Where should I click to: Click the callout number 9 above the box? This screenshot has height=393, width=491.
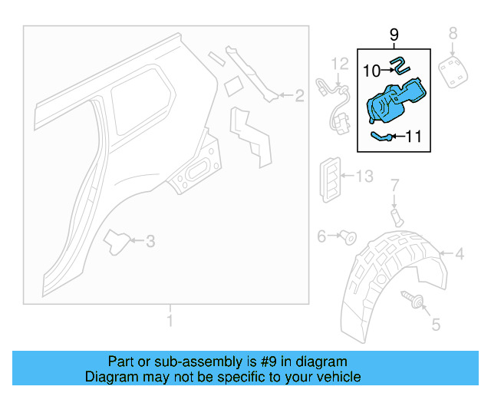(x=394, y=35)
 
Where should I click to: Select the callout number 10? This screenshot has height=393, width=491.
(x=371, y=70)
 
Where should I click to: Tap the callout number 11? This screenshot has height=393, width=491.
(x=414, y=137)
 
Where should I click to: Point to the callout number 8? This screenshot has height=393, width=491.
(x=453, y=33)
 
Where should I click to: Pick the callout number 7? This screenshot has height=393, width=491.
(x=395, y=185)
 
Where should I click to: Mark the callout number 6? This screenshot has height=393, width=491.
(x=322, y=236)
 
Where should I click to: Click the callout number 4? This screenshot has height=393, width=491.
(x=460, y=254)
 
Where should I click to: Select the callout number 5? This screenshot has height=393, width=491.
(x=436, y=325)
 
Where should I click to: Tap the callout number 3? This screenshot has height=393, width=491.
(x=150, y=242)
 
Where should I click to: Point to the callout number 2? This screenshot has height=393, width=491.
(x=299, y=96)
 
